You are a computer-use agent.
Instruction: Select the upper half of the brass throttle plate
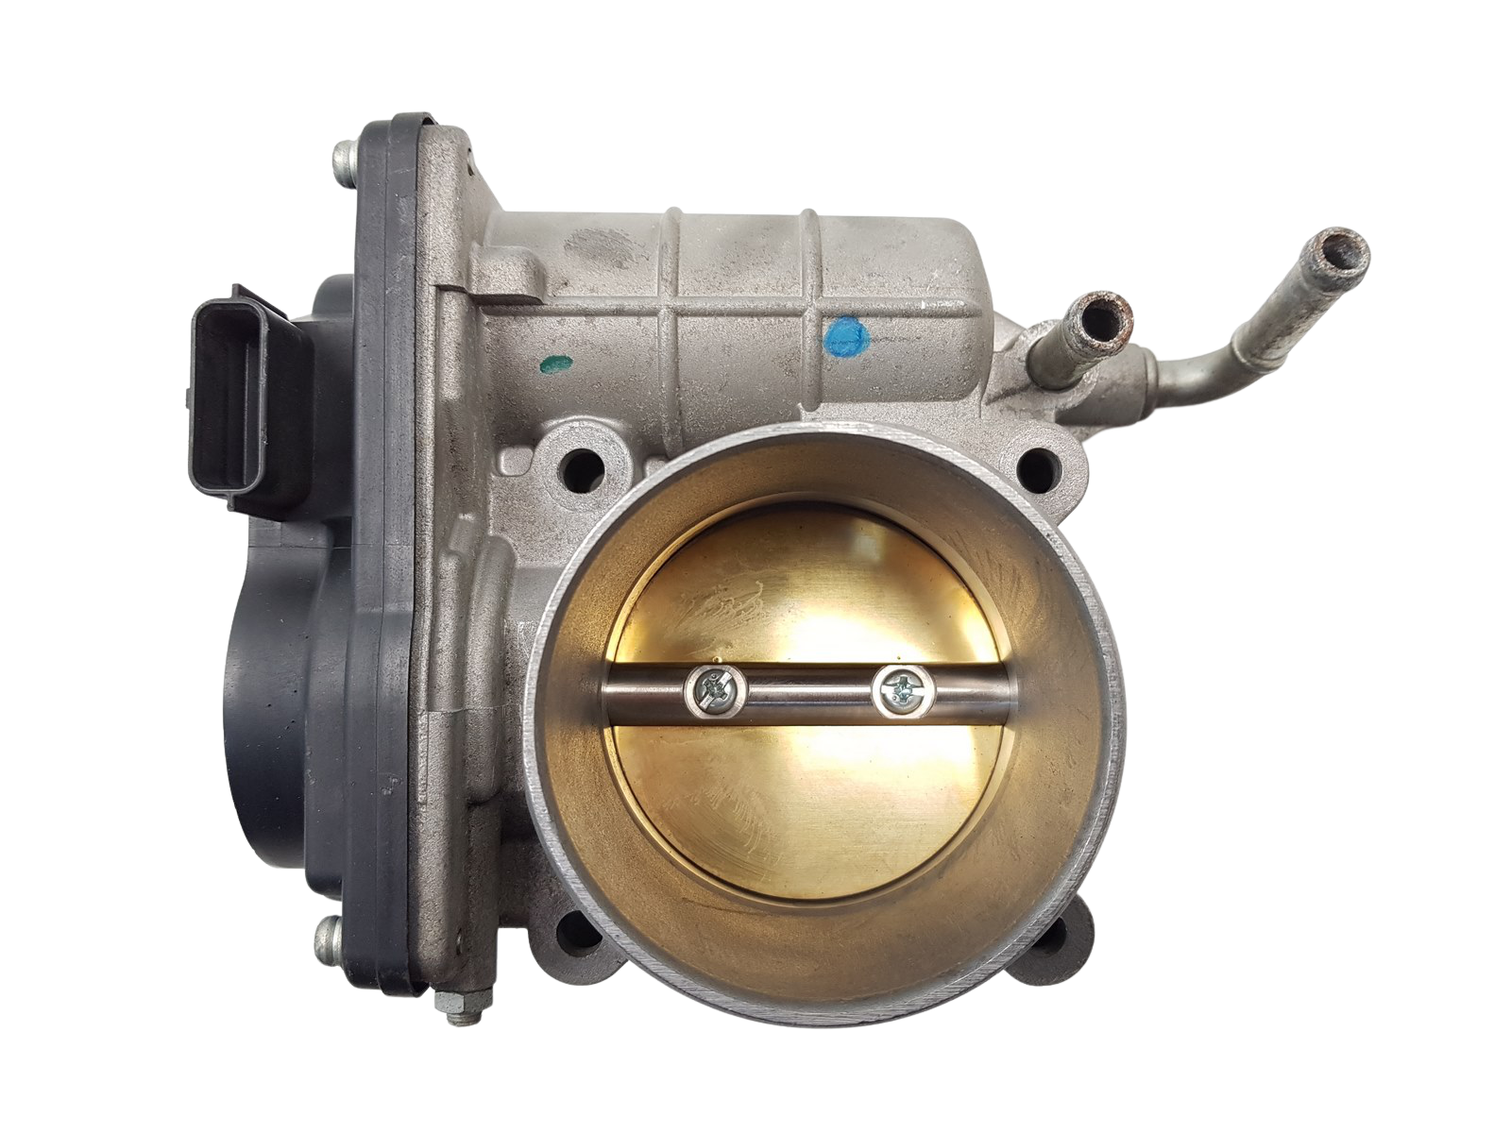point(812,576)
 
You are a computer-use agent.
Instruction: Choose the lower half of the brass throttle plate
point(812,821)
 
